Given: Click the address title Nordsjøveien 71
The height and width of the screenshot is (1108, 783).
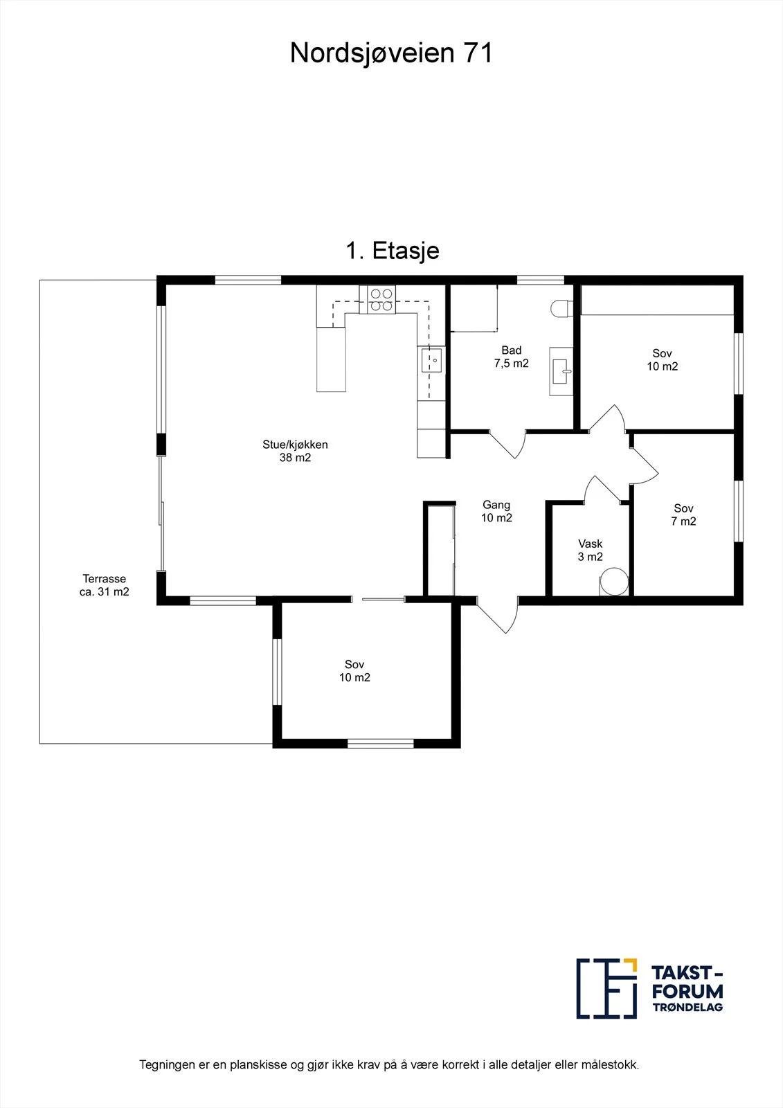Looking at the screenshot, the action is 391,53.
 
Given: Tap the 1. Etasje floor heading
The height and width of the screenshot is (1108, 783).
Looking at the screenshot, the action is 393,251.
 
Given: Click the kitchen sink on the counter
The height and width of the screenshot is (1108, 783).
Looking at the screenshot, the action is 431,360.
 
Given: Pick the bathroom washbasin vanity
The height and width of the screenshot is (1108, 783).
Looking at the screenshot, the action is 561,370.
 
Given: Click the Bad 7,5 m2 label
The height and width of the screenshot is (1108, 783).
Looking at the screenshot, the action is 512,357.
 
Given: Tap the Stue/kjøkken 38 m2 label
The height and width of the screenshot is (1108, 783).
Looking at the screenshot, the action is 296,451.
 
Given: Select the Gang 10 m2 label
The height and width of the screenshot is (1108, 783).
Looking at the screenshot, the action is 496,511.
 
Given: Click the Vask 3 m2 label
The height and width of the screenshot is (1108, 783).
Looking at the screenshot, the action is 590,550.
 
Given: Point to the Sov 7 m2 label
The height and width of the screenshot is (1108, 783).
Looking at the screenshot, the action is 683,515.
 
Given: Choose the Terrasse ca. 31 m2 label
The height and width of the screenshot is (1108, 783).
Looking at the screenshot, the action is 105,584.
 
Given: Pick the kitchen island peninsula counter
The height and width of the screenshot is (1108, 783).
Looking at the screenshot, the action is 331,359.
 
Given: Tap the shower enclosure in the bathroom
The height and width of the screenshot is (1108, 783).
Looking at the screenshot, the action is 474,307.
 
